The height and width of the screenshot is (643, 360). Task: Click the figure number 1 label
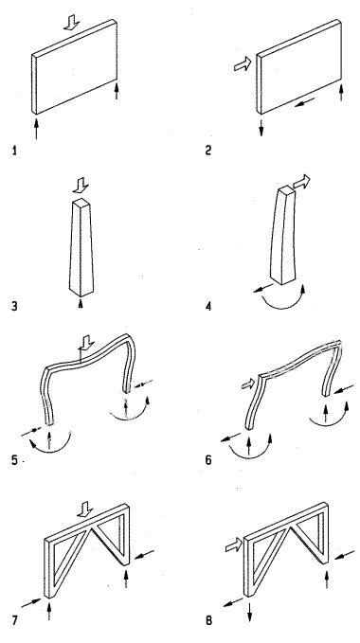coord(15,151)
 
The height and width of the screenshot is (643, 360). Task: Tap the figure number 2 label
coord(208,151)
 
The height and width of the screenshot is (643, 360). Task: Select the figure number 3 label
coord(14,306)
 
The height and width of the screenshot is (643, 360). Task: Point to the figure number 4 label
coord(208,306)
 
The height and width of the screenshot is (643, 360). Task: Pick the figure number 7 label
coord(15,620)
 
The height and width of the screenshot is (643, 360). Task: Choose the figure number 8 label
coord(208,620)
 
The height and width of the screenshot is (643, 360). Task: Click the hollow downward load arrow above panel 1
coord(72,22)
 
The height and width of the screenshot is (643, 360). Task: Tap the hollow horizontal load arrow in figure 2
coord(243,64)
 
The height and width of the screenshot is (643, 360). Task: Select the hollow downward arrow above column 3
coord(81,186)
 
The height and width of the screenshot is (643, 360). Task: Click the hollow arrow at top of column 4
coord(301,181)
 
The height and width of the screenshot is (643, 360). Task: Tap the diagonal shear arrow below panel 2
coord(305,101)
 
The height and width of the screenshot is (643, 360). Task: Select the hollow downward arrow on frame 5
coord(86,344)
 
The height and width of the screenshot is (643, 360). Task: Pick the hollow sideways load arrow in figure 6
coord(247,384)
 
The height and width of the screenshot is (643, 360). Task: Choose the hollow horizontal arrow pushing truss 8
coord(234,545)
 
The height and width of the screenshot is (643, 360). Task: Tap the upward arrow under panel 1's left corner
coord(36,129)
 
